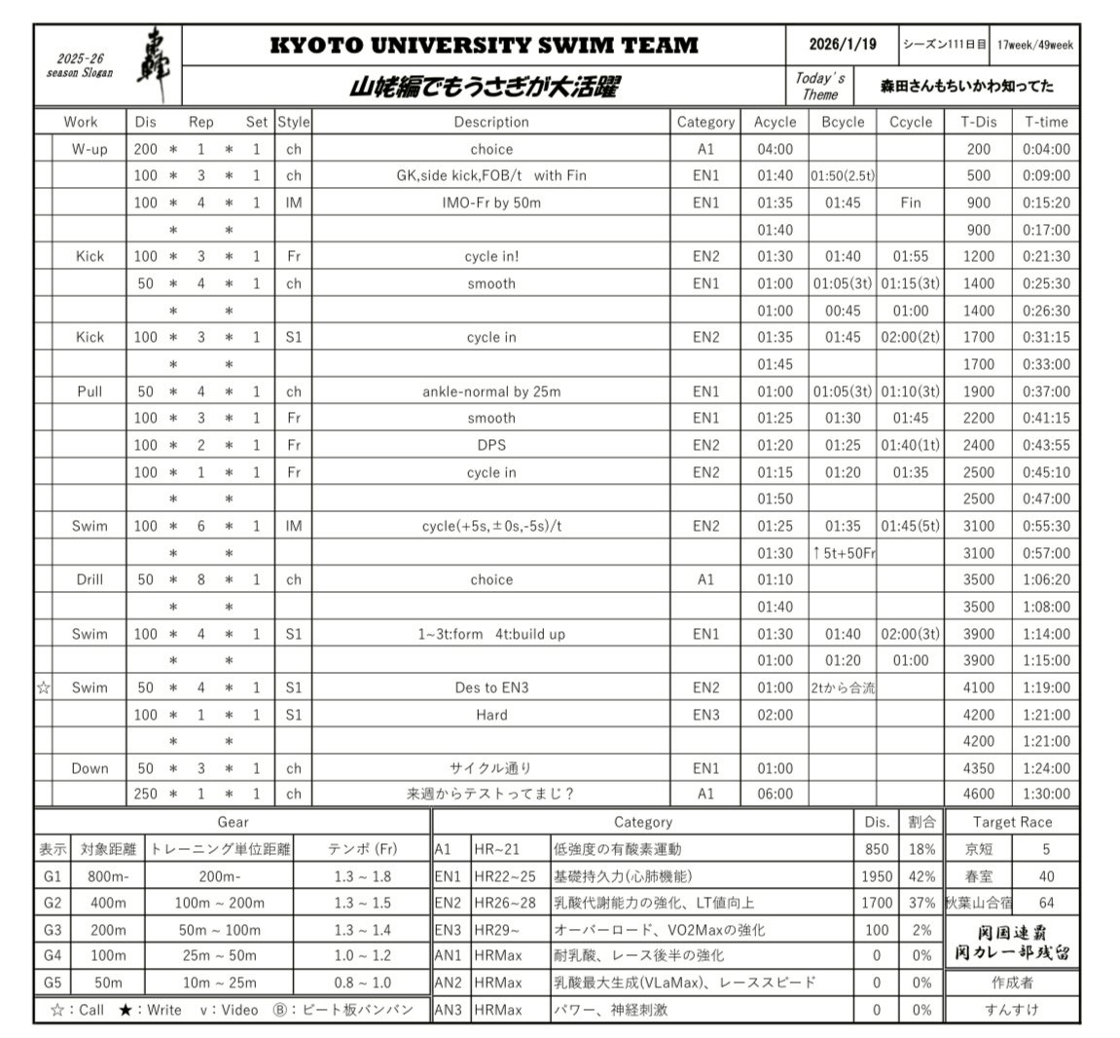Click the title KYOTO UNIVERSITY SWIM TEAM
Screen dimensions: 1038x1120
click(484, 45)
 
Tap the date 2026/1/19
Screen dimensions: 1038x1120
click(842, 45)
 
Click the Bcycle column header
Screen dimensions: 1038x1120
click(842, 122)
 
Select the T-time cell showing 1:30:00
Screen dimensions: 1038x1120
click(1046, 794)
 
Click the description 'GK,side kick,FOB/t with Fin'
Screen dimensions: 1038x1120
click(491, 176)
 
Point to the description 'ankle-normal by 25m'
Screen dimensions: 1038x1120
click(491, 391)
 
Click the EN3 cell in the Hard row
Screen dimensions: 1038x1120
click(705, 715)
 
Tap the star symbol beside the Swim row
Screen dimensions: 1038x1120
click(43, 687)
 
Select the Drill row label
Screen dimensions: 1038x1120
click(90, 579)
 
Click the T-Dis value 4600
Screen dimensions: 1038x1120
click(978, 794)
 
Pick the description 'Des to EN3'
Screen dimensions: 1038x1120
click(491, 687)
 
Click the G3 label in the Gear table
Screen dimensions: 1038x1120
click(53, 930)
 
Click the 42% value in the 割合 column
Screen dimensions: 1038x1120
click(921, 876)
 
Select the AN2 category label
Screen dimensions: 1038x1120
click(449, 982)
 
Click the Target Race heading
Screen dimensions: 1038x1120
click(1012, 822)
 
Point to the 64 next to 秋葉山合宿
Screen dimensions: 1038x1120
click(1046, 903)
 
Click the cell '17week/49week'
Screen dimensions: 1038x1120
click(1035, 45)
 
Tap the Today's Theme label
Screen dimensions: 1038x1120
click(819, 86)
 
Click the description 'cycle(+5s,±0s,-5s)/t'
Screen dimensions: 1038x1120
click(491, 526)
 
